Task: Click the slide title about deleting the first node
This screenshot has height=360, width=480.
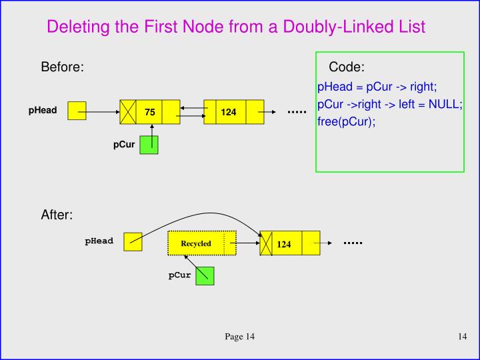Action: [236, 27]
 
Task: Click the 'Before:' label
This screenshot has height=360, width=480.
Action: [62, 67]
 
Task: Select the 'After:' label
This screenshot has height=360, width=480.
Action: [57, 215]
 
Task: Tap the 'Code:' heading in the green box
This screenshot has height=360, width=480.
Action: [347, 67]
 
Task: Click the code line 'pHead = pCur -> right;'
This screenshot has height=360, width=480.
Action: [377, 87]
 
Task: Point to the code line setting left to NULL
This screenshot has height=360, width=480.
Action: [390, 105]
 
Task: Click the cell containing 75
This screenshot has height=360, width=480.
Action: [149, 112]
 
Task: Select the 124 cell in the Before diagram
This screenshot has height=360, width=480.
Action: [229, 112]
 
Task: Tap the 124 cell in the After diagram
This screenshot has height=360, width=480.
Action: [285, 244]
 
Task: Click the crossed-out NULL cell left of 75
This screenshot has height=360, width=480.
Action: [127, 112]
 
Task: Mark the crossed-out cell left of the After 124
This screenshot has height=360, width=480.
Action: [266, 244]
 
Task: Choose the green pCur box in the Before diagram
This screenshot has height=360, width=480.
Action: [149, 145]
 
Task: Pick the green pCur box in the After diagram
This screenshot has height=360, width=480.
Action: [205, 275]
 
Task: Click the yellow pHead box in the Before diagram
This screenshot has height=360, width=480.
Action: [77, 111]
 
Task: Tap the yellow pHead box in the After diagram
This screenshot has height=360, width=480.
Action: [133, 241]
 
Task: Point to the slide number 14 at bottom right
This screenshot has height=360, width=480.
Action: [462, 337]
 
